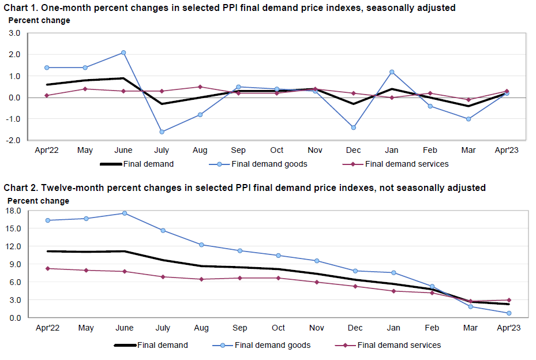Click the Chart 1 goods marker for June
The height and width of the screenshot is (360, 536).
(123, 52)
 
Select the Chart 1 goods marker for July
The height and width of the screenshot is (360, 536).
(162, 132)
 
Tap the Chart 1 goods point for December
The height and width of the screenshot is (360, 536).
(354, 127)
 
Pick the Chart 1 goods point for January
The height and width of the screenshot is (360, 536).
(392, 72)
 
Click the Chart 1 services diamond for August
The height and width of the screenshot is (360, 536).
(200, 87)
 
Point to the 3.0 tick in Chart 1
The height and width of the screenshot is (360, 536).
(14, 33)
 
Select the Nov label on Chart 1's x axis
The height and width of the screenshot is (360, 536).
(315, 150)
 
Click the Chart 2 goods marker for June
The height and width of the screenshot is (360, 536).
(124, 213)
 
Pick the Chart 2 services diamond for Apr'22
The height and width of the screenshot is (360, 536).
(47, 268)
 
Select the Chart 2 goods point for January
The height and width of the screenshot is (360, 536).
(393, 273)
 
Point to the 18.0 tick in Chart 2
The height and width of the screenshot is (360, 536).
(13, 211)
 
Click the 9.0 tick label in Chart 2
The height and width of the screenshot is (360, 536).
(15, 264)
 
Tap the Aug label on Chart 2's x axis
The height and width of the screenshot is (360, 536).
(201, 328)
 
